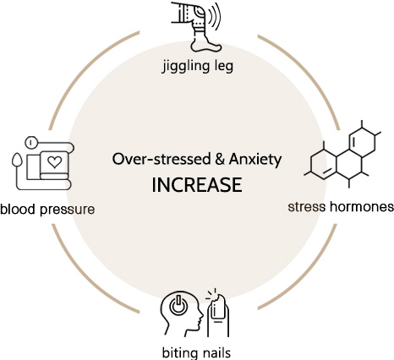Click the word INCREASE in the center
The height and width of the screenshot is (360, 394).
(197, 185)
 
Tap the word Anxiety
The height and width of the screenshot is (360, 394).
(255, 160)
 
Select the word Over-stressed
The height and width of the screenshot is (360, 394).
(161, 159)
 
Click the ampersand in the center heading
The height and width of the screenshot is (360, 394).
(220, 159)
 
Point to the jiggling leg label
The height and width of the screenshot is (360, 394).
(198, 67)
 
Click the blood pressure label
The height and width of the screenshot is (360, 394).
(47, 210)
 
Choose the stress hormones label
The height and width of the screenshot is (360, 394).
(341, 207)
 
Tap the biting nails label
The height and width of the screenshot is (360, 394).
(196, 352)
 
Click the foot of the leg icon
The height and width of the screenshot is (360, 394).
(205, 45)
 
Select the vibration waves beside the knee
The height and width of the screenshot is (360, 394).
(214, 16)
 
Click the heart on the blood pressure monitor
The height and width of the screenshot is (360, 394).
(54, 162)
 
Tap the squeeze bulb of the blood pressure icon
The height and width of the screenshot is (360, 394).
(17, 160)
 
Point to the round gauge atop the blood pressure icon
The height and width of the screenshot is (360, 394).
(30, 142)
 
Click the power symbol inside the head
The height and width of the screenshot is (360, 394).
(178, 305)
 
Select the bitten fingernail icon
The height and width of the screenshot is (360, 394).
(218, 315)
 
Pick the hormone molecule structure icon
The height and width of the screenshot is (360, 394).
(342, 154)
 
